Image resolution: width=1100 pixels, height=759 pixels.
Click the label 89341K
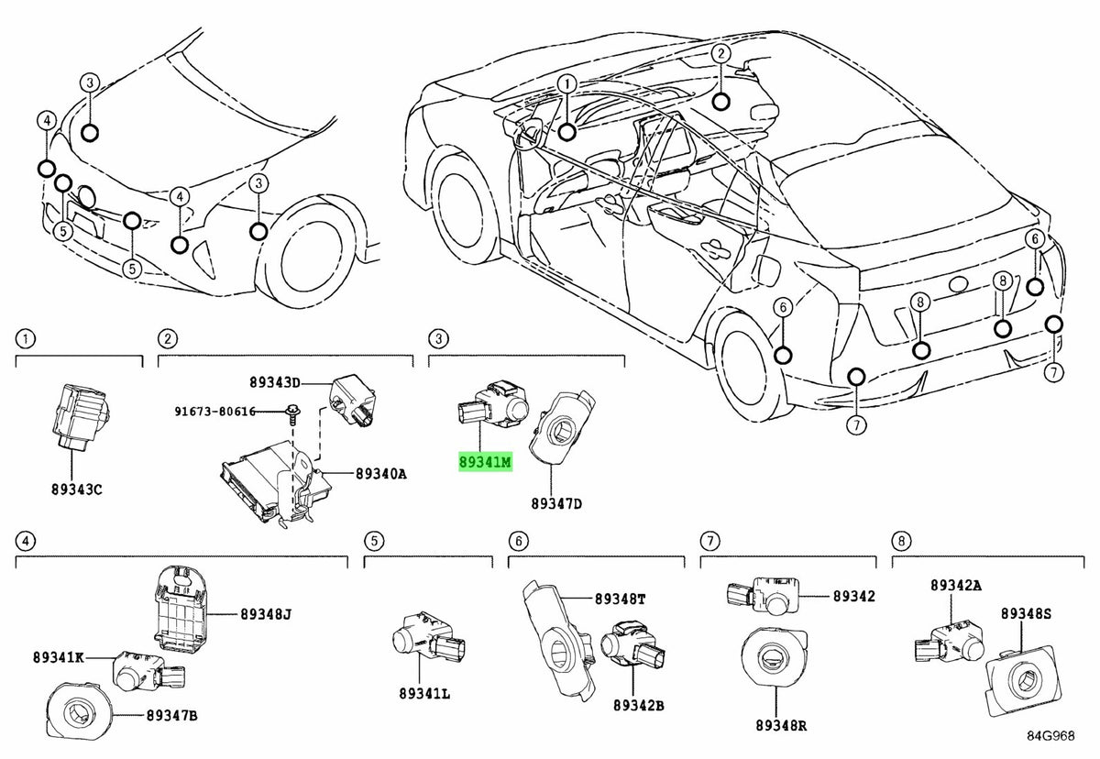point(60,657)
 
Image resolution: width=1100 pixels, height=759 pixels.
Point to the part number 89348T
point(620,599)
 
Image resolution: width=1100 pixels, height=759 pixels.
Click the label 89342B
point(638,705)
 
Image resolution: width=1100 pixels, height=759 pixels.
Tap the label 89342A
point(955,585)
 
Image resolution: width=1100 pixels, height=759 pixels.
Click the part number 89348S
point(1025,612)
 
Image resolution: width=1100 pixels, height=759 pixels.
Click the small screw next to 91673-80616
point(291,417)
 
